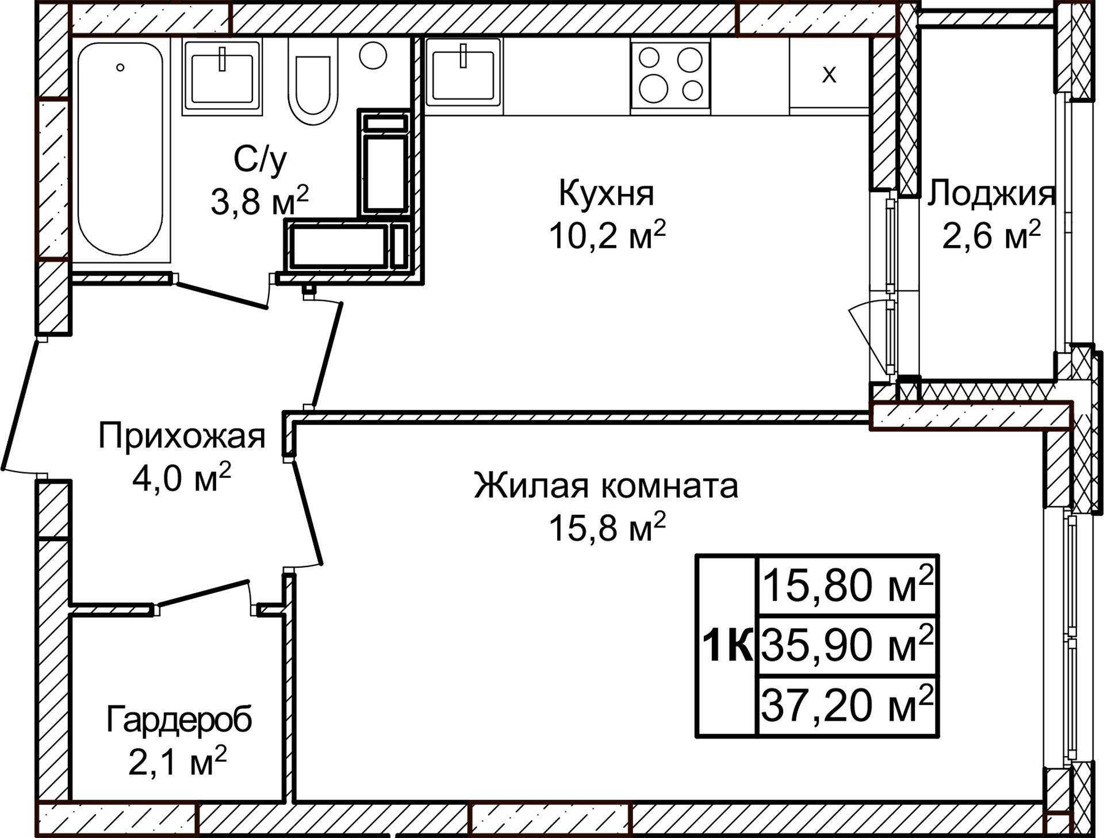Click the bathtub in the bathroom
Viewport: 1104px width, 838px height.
pyautogui.click(x=120, y=150)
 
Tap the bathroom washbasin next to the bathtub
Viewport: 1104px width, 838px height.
pyautogui.click(x=222, y=77)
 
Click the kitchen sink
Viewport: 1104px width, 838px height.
pyautogui.click(x=463, y=75)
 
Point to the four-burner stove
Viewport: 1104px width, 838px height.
pyautogui.click(x=670, y=75)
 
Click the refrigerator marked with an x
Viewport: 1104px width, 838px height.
pyautogui.click(x=829, y=74)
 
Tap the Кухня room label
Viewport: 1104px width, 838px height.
pyautogui.click(x=607, y=193)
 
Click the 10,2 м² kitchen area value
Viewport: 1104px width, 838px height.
pyautogui.click(x=607, y=235)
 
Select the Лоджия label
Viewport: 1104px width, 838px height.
pyautogui.click(x=990, y=193)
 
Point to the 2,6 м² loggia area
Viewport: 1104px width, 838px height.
pyautogui.click(x=990, y=235)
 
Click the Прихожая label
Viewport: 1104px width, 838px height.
pyautogui.click(x=182, y=436)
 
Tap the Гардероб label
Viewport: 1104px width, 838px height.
pyautogui.click(x=179, y=720)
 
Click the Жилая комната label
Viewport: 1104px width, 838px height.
pyautogui.click(x=606, y=485)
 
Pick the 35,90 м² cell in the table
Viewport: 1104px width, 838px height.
pyautogui.click(x=848, y=645)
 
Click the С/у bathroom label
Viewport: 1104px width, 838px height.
pyautogui.click(x=260, y=159)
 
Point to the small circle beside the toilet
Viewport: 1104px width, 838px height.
pyautogui.click(x=373, y=56)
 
